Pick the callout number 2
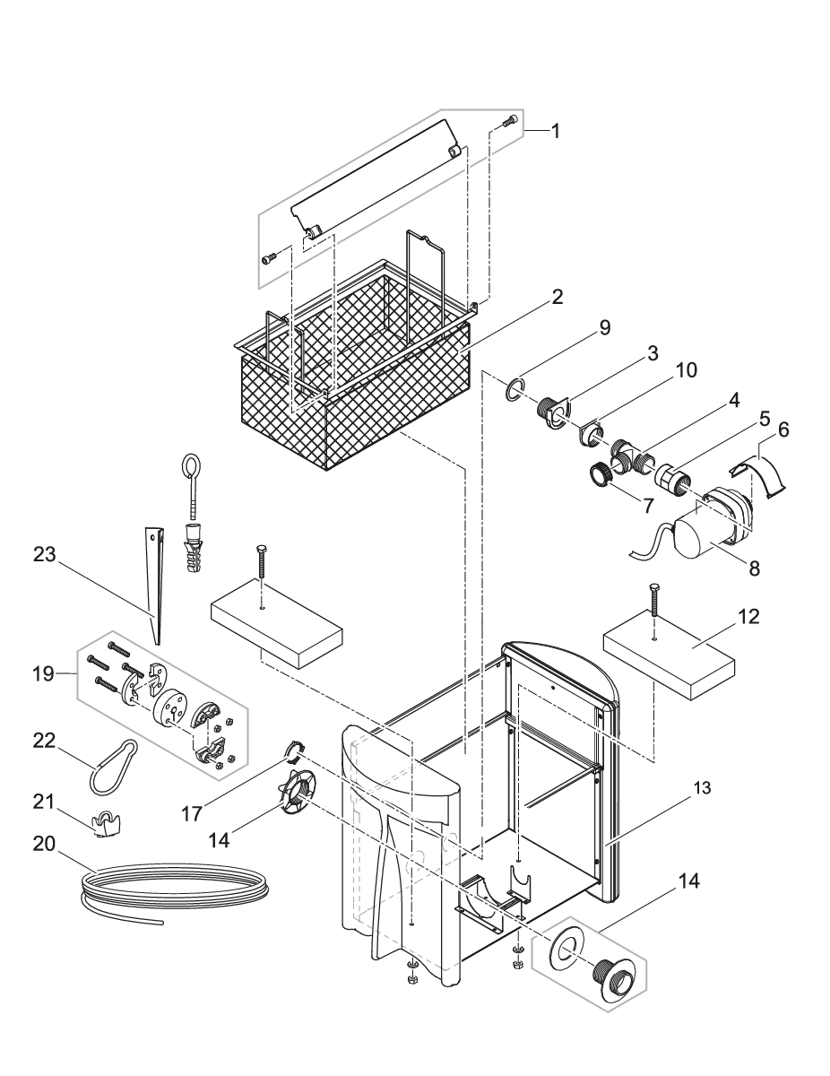click(x=557, y=298)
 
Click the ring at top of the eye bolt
click(x=191, y=465)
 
